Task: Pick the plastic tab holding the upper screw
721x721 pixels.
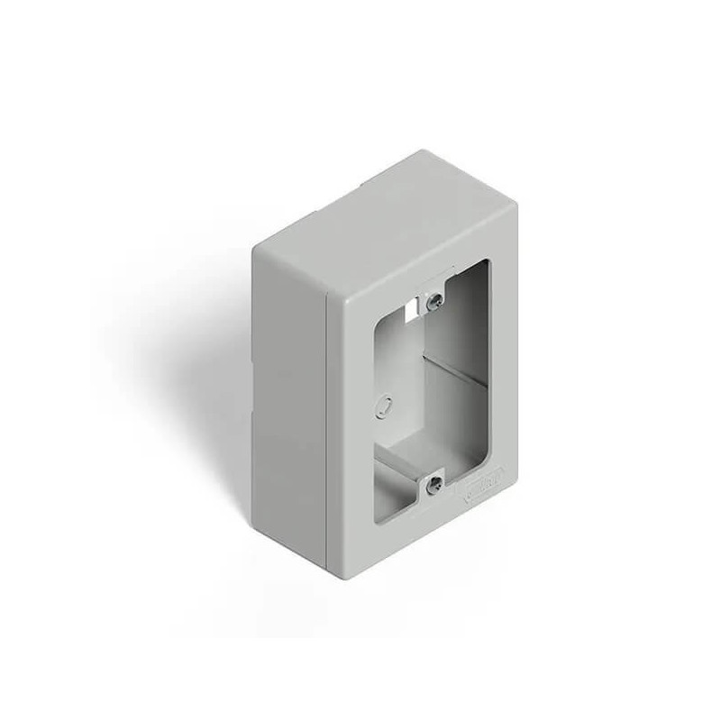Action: click(434, 290)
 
